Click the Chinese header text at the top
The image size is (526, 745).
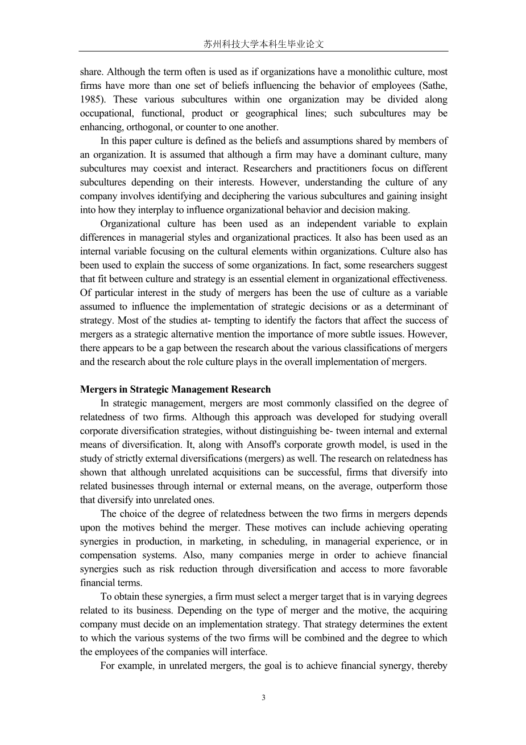(263, 44)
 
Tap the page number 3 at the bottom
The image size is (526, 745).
(263, 698)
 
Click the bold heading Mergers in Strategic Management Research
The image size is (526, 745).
(175, 390)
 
